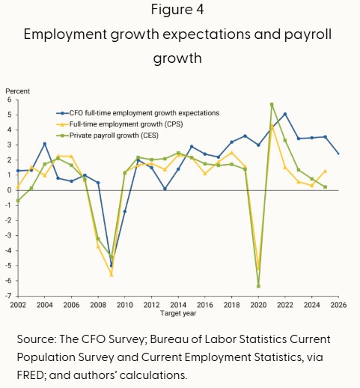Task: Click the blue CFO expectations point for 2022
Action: click(x=285, y=114)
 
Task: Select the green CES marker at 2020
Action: click(x=258, y=286)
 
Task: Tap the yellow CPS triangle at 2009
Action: click(x=112, y=275)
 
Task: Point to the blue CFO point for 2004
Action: click(x=45, y=144)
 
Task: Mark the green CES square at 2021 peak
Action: click(x=272, y=104)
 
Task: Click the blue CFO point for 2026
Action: click(x=338, y=154)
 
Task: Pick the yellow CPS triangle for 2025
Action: click(x=325, y=171)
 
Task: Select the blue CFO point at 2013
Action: click(x=165, y=189)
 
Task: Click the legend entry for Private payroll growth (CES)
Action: click(x=107, y=136)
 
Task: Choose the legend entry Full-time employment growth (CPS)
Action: click(x=120, y=124)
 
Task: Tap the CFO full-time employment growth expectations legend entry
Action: click(x=138, y=113)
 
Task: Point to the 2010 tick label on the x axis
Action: click(x=125, y=305)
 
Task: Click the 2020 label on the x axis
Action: click(x=258, y=305)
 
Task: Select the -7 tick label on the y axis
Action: click(x=8, y=296)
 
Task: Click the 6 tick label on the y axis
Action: click(x=10, y=100)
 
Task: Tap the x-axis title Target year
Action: click(x=178, y=313)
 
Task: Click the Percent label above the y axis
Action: click(x=17, y=91)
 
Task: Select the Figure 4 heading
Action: click(x=177, y=10)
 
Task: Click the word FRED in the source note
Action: click(x=31, y=375)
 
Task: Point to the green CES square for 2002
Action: click(x=18, y=201)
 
